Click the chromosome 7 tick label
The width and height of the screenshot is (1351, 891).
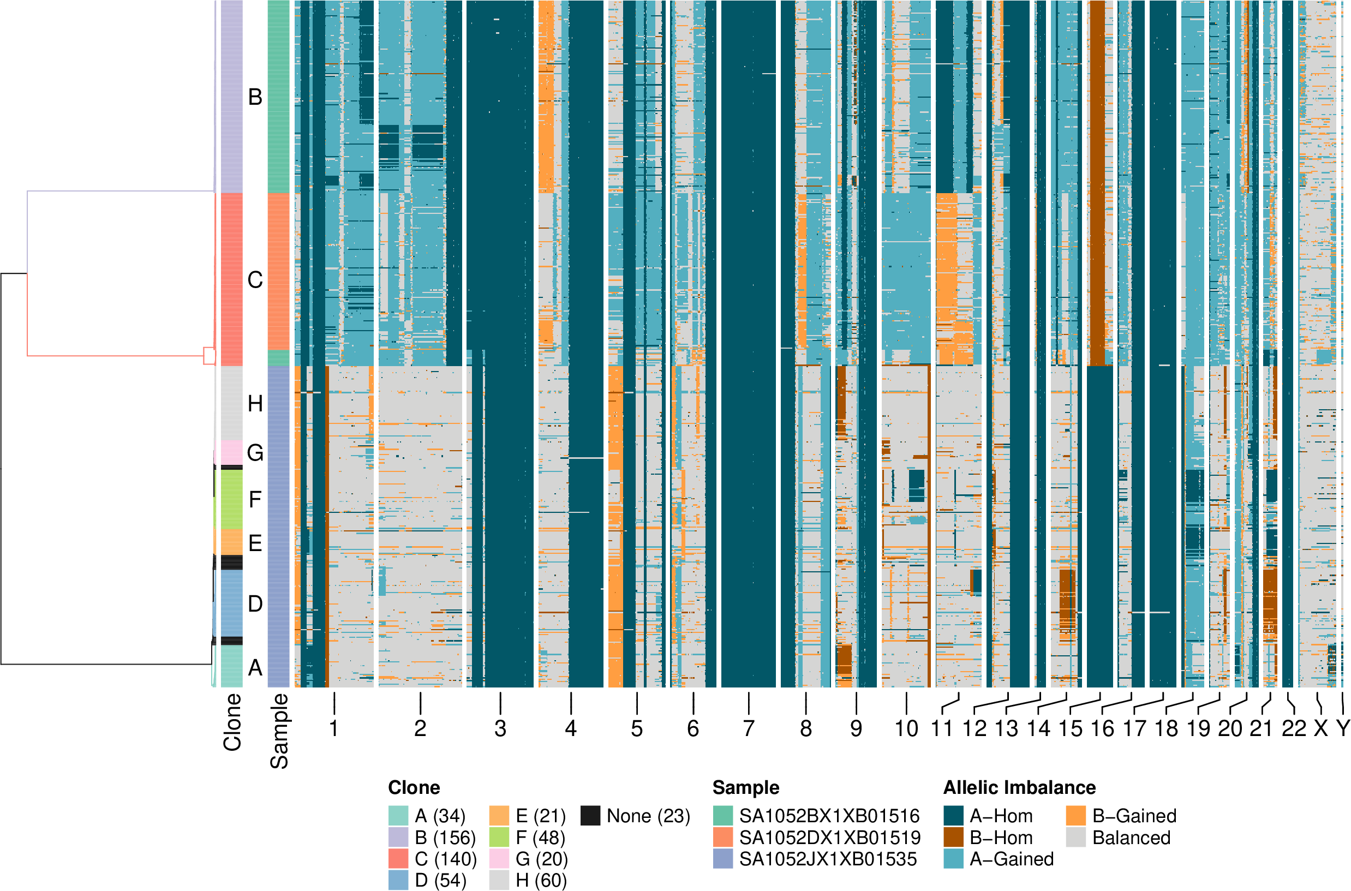tap(748, 728)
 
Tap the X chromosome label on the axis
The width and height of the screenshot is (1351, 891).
tap(1321, 728)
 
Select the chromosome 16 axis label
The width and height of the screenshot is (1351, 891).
tap(1102, 728)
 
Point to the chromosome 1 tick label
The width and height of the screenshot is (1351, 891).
tap(334, 728)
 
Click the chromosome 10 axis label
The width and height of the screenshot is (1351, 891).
tap(906, 728)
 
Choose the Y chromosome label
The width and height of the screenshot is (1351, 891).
tap(1342, 728)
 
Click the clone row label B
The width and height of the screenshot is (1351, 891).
tap(255, 97)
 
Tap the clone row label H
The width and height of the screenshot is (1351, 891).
tap(255, 404)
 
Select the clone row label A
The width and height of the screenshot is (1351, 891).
tap(255, 668)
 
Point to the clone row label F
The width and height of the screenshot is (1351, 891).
tap(255, 499)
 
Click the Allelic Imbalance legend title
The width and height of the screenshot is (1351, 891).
tap(1019, 787)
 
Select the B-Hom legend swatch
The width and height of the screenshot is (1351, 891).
tap(953, 838)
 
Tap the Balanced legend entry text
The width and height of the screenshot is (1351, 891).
tap(1131, 838)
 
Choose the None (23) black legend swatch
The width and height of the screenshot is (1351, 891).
tap(591, 816)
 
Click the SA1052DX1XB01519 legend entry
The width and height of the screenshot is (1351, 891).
tap(829, 838)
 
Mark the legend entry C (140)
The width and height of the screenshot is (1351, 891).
tap(445, 859)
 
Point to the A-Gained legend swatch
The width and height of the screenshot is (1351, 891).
tap(953, 859)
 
